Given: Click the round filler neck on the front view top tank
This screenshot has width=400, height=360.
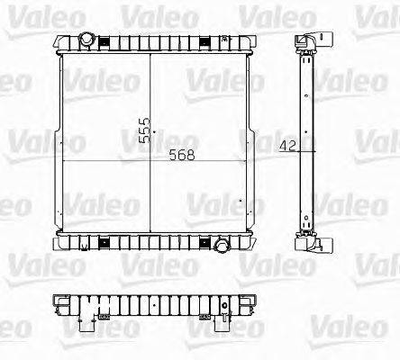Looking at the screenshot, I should [x=87, y=39].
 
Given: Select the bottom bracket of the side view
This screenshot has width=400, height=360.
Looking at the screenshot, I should [x=310, y=245].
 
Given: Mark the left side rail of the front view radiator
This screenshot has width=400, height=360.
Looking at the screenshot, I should [x=59, y=144].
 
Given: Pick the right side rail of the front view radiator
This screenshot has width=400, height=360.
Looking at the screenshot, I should [x=250, y=144].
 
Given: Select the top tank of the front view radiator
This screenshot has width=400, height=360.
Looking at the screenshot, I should [x=153, y=44].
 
